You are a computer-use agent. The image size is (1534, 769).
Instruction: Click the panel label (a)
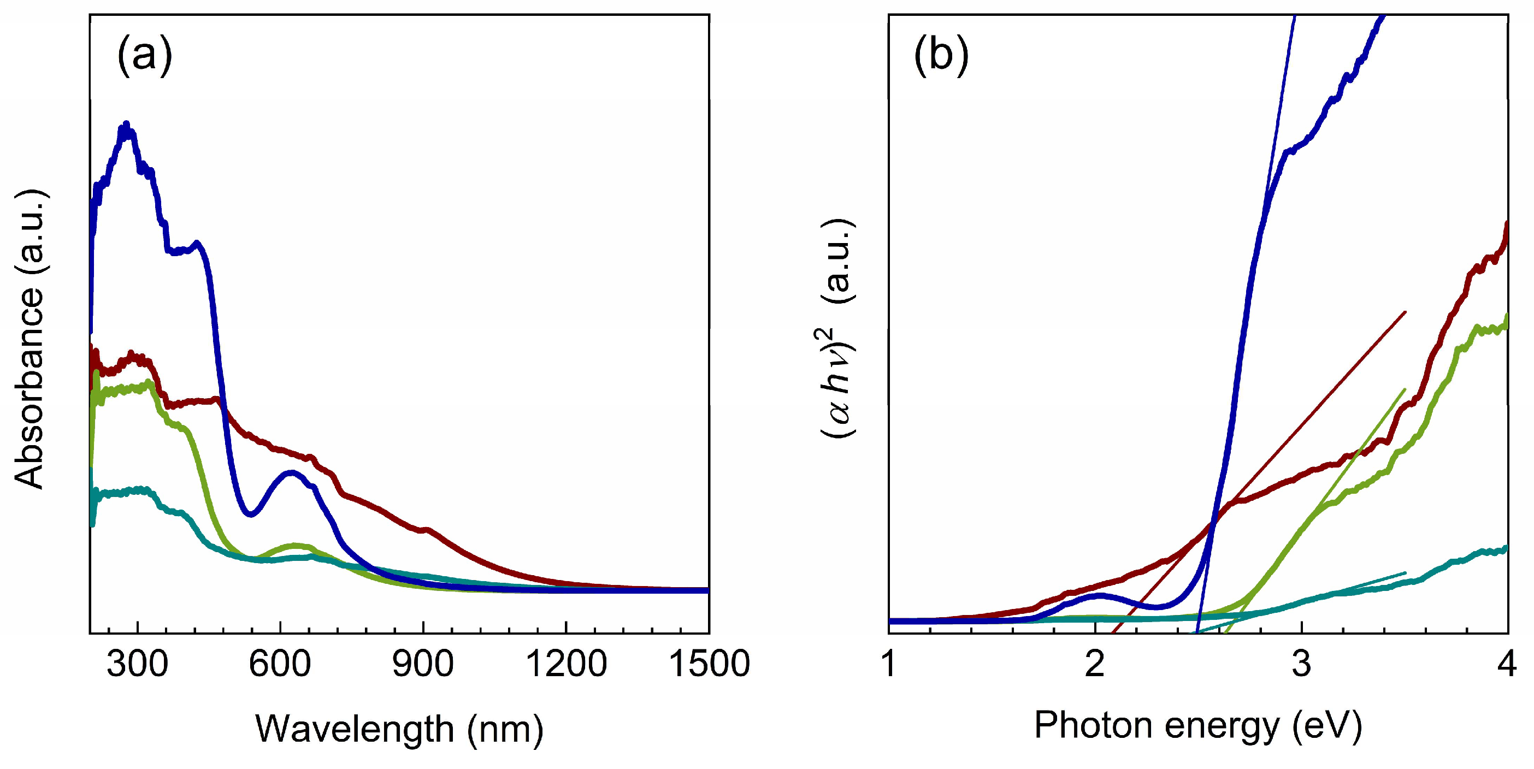(145, 55)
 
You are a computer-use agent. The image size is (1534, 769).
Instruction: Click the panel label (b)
(941, 55)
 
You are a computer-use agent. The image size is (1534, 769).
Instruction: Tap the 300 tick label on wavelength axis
(137, 664)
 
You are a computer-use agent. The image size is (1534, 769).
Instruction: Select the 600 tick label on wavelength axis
(279, 664)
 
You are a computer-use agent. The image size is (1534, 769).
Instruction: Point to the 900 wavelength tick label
(422, 664)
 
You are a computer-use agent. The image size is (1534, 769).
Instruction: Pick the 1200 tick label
(566, 664)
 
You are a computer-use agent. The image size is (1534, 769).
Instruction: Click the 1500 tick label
(709, 664)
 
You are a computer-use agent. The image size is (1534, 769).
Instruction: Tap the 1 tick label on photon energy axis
(889, 664)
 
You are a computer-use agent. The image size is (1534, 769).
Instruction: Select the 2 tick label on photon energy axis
(1095, 664)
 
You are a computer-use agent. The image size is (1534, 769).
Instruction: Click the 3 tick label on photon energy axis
(1301, 664)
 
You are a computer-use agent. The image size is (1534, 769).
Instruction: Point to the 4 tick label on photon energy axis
(1507, 664)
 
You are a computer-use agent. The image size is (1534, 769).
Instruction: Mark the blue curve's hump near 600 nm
(291, 473)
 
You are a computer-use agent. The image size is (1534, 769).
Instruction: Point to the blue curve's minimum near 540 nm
(251, 513)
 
